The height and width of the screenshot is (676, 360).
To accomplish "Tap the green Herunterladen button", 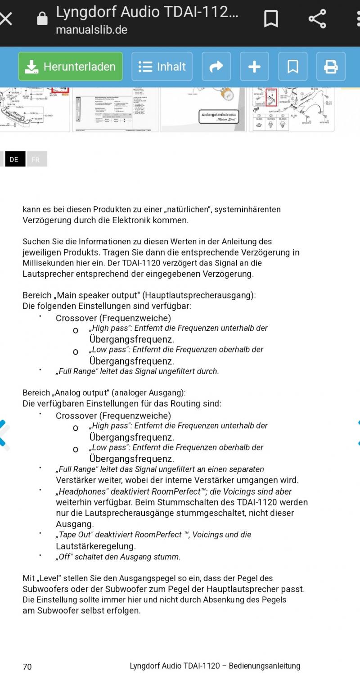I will coord(70,67).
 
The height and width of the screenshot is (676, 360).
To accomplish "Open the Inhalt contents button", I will coord(162,67).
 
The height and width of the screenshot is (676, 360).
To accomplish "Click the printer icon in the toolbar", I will coord(331,67).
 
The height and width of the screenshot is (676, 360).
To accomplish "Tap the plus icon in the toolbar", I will coord(254,67).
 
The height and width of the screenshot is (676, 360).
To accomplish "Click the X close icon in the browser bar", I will coord(6,19).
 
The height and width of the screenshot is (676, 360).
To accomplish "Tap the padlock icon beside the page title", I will coord(42,19).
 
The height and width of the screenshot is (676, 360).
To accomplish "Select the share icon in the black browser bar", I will coord(317,19).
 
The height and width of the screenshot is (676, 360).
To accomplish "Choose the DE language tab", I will coord(14,159).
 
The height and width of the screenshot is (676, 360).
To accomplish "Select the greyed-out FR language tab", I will coord(36,159).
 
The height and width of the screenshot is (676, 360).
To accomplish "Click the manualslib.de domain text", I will coord(91,30).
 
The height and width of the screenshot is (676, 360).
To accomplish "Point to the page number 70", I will coord(27,667).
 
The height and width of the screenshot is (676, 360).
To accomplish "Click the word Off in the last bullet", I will coord(65,557).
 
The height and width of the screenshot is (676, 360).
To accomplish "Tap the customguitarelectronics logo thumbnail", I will coord(218,117).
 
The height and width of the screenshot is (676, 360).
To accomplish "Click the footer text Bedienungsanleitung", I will coord(265,666).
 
